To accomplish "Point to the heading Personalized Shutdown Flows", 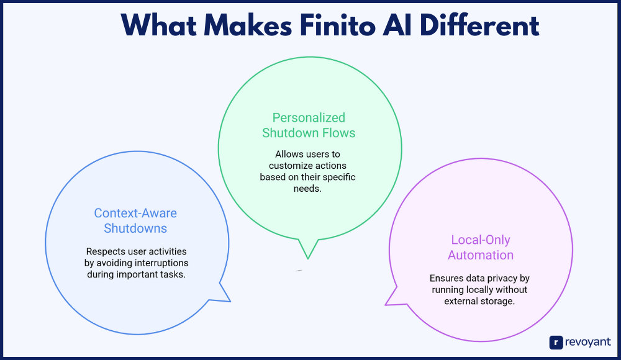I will (309, 125).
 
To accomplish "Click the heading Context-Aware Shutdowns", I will (135, 220).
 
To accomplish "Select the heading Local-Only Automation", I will (481, 247).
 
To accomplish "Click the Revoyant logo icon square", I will (556, 342).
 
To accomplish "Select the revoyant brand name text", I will (587, 342).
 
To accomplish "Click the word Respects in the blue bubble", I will (104, 251).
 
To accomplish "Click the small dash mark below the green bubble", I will (299, 271).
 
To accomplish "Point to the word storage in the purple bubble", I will (498, 301).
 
